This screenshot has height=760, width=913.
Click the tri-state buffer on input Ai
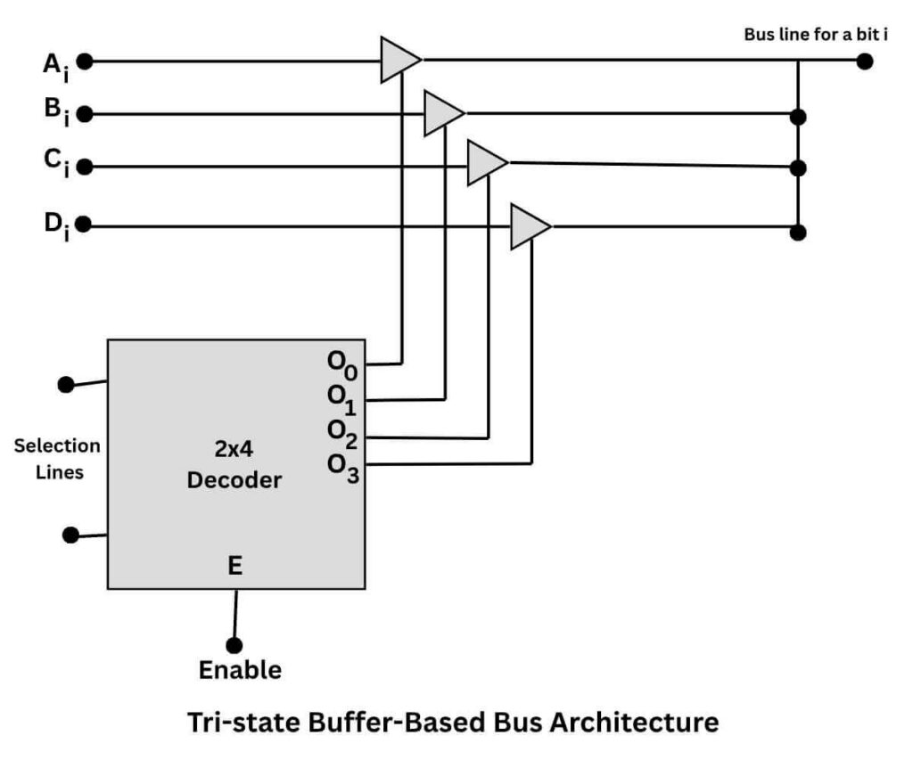(x=399, y=61)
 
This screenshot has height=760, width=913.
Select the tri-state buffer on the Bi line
(x=442, y=113)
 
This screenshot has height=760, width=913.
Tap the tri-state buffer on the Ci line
(x=486, y=163)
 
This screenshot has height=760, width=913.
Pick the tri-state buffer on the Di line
(x=529, y=227)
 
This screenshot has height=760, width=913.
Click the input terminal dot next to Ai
(x=85, y=61)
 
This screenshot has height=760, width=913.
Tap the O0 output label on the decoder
(x=341, y=364)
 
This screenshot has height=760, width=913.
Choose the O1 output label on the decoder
(x=341, y=398)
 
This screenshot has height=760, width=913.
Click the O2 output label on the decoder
(x=341, y=433)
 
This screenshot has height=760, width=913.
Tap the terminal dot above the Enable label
(x=234, y=644)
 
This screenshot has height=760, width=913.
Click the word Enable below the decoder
(x=240, y=670)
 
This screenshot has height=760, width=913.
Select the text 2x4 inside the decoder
(x=234, y=451)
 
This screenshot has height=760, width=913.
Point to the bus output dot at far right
(x=863, y=61)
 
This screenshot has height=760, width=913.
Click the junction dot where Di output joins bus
(x=798, y=232)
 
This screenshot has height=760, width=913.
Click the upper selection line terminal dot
(x=65, y=385)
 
